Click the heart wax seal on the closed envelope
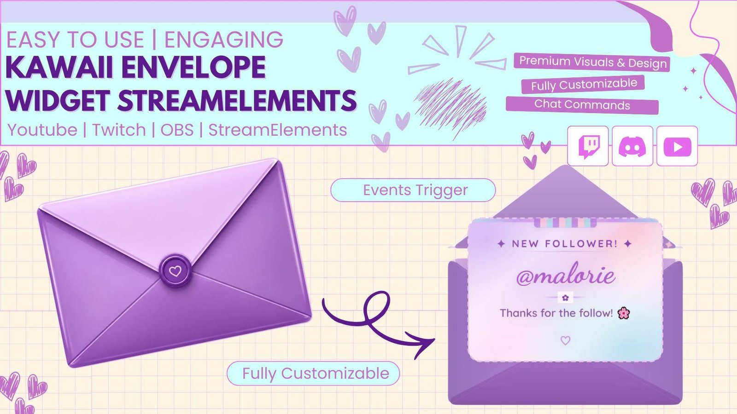pyautogui.click(x=175, y=271)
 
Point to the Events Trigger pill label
pyautogui.click(x=413, y=190)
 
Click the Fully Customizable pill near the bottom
pyautogui.click(x=313, y=373)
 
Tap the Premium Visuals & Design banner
pyautogui.click(x=592, y=62)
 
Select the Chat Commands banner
pyautogui.click(x=582, y=105)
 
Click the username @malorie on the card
pyautogui.click(x=565, y=276)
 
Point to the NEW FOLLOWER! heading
pyautogui.click(x=565, y=244)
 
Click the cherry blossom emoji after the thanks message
pyautogui.click(x=624, y=313)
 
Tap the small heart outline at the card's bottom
pyautogui.click(x=565, y=340)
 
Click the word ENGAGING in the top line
pyautogui.click(x=224, y=40)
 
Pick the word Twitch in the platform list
pyautogui.click(x=119, y=130)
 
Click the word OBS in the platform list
pyautogui.click(x=177, y=130)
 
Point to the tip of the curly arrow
pyautogui.click(x=435, y=339)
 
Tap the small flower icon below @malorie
pyautogui.click(x=565, y=298)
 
